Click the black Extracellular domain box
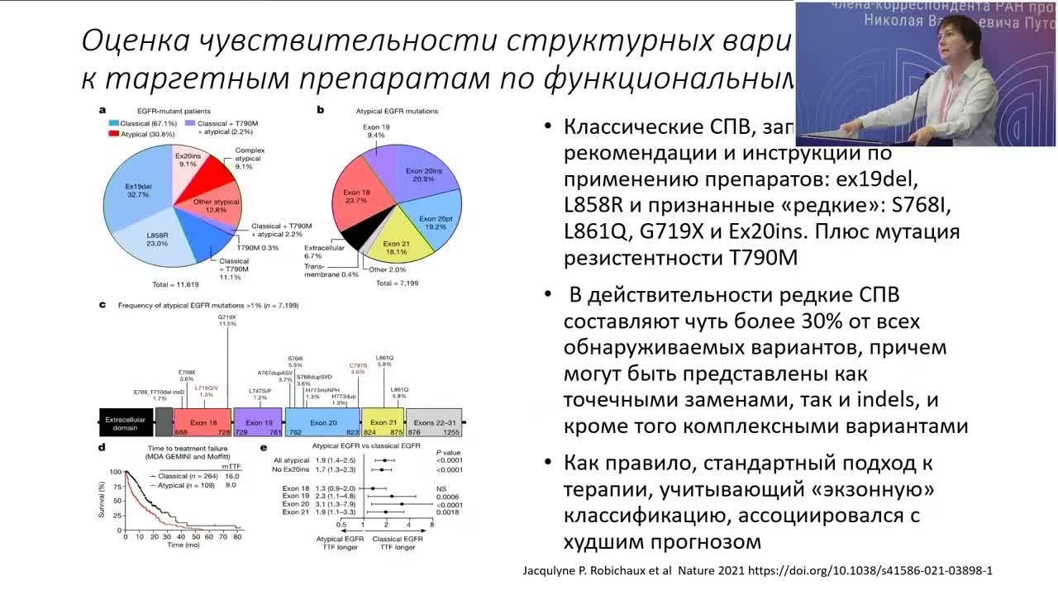[x=125, y=422]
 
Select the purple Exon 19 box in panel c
[x=258, y=422]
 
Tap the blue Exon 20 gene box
[x=322, y=422]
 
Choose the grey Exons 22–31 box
[x=436, y=422]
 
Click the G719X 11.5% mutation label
[x=227, y=320]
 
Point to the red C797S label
[x=357, y=368]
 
